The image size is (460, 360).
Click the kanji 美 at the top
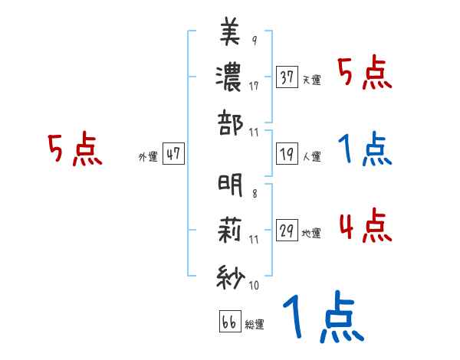[230, 34]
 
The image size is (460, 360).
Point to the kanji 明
[230, 185]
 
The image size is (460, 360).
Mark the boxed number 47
[172, 154]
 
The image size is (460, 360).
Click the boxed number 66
[228, 321]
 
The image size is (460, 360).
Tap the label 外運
[148, 156]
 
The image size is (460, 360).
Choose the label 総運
[254, 324]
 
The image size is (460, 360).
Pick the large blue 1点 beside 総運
[322, 318]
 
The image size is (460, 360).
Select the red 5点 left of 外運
[74, 150]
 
